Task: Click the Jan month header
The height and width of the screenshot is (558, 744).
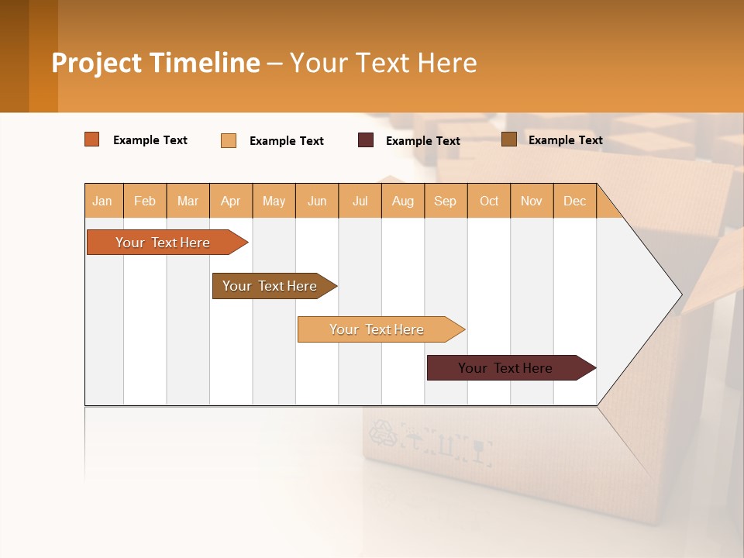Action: coord(103,201)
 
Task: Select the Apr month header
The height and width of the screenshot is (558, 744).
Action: coord(231,201)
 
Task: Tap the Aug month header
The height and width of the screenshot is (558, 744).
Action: coord(403,201)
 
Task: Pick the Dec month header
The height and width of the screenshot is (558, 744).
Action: coord(574,201)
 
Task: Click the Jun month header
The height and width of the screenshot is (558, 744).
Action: coord(317,201)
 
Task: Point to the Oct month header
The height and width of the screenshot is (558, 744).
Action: coord(489,201)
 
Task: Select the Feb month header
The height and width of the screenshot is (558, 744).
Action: coord(145,201)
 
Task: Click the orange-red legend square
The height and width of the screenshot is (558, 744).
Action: coord(92,139)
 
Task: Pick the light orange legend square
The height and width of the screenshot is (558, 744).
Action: coord(229,140)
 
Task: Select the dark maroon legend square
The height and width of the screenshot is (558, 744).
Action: coord(366,140)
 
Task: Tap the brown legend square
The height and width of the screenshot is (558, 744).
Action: coord(509,139)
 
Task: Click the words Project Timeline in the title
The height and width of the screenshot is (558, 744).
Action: coord(156,63)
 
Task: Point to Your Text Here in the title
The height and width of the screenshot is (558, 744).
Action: coord(383,63)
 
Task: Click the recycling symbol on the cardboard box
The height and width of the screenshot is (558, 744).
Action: coord(383,433)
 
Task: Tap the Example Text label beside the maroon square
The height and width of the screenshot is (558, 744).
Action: coord(423,141)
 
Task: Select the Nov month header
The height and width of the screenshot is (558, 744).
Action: coord(532,201)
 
